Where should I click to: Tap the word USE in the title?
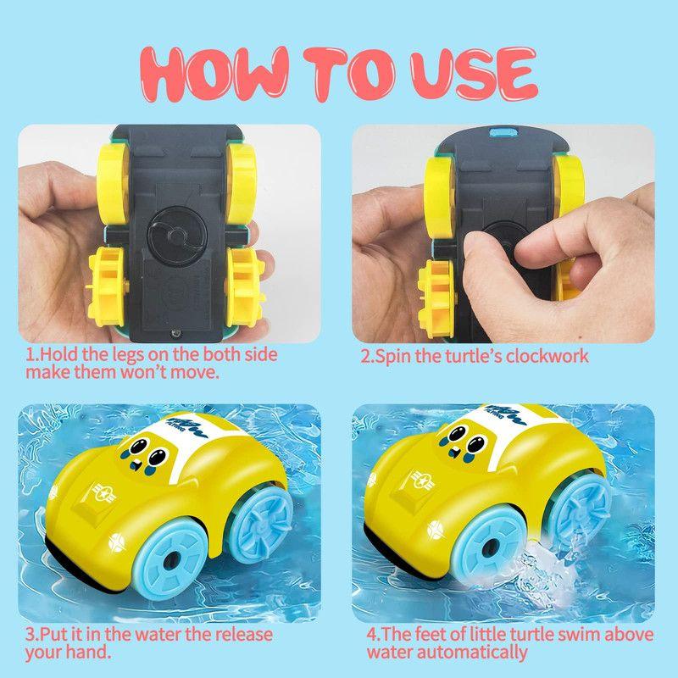[x=464, y=73]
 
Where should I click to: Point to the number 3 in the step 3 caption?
[x=30, y=634]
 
